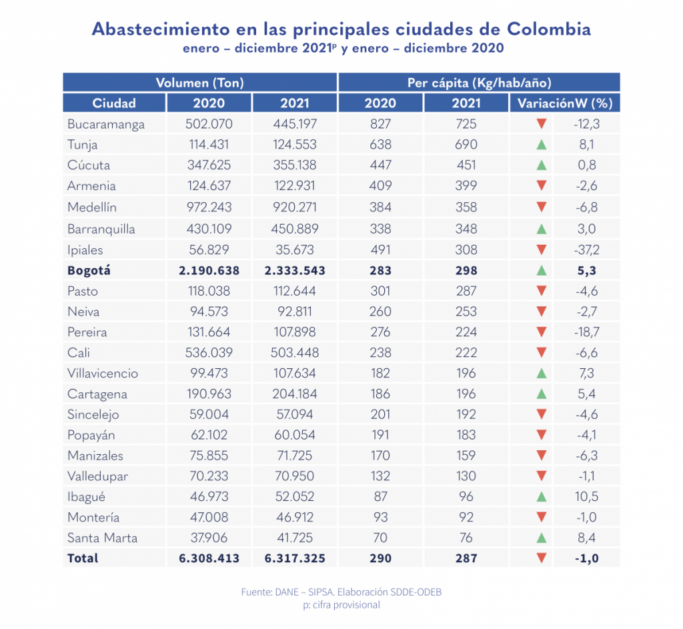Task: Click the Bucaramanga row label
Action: tap(105, 124)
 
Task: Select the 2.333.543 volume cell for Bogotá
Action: tap(294, 270)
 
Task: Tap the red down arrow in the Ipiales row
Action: tap(542, 249)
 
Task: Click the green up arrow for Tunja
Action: tap(542, 145)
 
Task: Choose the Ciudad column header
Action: tap(114, 103)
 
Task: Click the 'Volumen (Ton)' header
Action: tap(199, 83)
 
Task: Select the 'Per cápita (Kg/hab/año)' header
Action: tap(479, 83)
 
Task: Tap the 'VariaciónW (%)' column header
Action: tap(564, 103)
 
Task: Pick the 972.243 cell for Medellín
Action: tap(209, 207)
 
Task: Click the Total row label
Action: tap(83, 558)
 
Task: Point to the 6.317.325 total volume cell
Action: tap(294, 558)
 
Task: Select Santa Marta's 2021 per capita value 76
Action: tap(466, 538)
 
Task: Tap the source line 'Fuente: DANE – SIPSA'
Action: tap(341, 592)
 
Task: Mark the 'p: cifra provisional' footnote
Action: tap(341, 604)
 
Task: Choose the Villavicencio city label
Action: tap(102, 373)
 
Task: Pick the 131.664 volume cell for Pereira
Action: tap(209, 332)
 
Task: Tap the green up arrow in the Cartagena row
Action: tap(542, 394)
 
